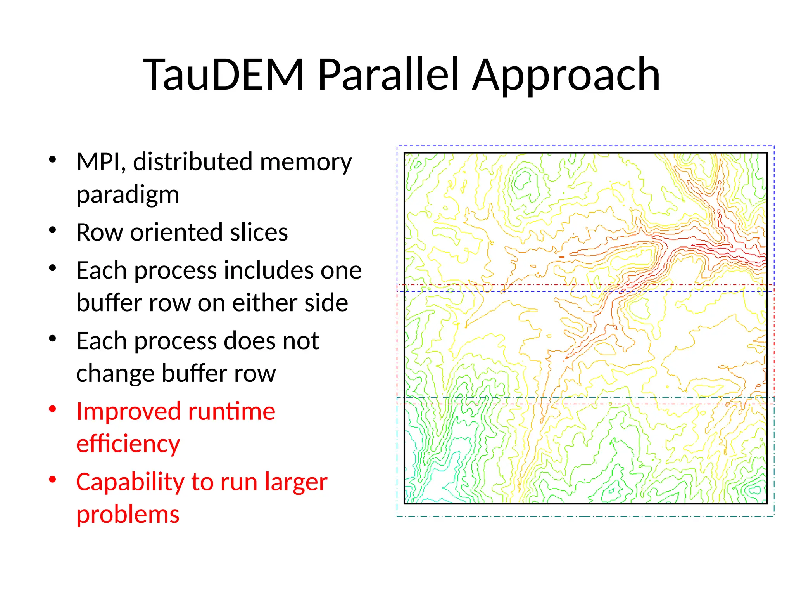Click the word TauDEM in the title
point(223,74)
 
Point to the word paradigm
point(128,195)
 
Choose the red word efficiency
point(128,444)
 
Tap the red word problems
point(128,515)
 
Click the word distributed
point(194,162)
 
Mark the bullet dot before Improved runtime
point(53,409)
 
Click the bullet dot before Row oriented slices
point(53,230)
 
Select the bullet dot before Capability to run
point(53,480)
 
